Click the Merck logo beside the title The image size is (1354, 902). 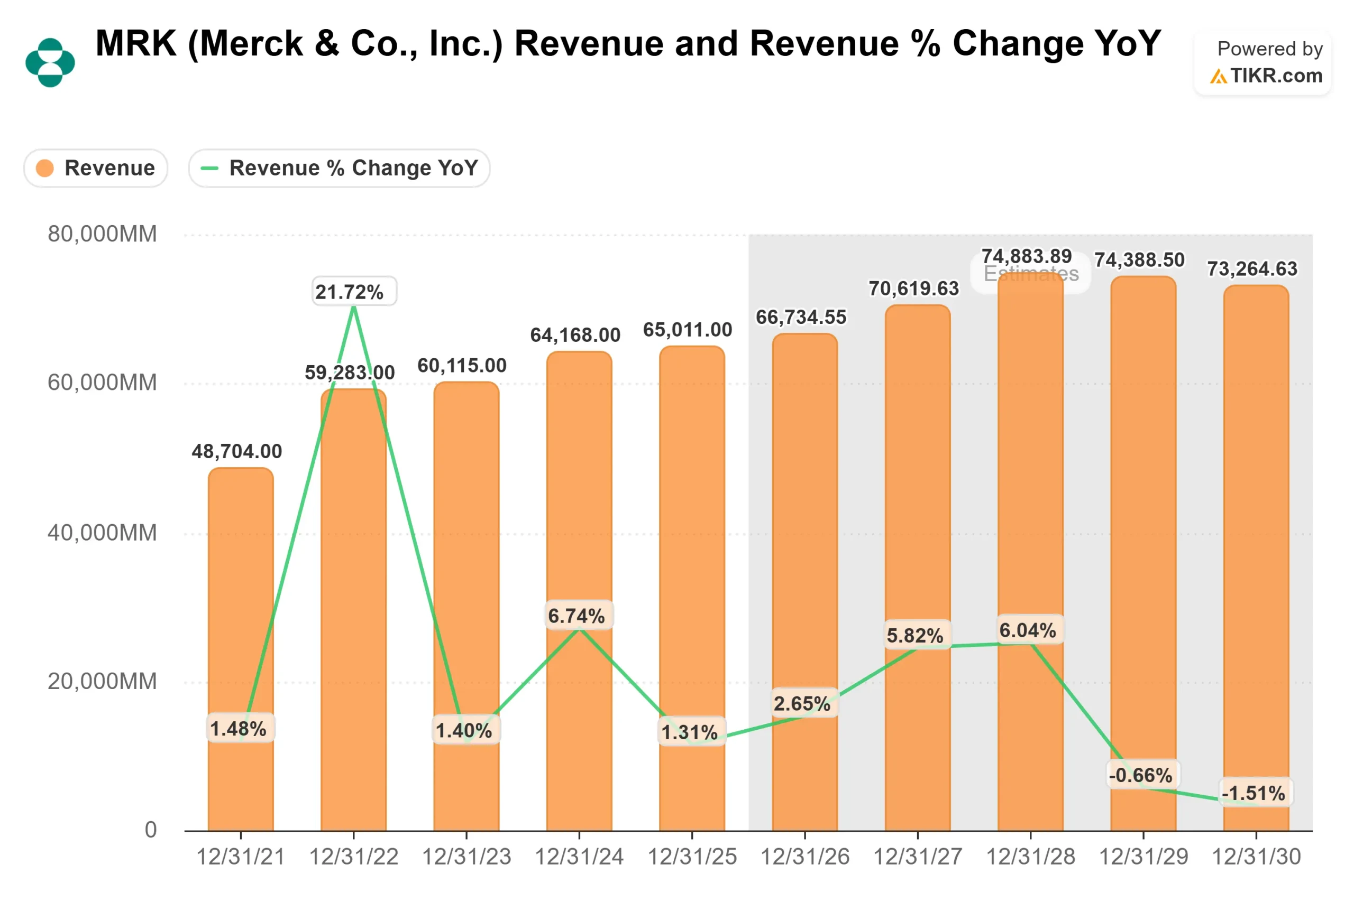(50, 62)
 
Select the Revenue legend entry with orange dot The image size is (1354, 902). (96, 168)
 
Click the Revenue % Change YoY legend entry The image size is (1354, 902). (339, 168)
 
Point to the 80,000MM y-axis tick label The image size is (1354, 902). (102, 234)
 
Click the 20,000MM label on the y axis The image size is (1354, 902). (102, 681)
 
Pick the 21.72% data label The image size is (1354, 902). (350, 292)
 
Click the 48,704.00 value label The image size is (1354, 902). (236, 452)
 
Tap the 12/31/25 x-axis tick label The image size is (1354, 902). (692, 857)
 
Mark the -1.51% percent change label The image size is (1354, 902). (1254, 793)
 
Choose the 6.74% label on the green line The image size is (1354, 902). (577, 616)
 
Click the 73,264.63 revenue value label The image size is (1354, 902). (1252, 268)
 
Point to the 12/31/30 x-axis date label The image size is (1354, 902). (1256, 857)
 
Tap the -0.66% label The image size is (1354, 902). (1140, 775)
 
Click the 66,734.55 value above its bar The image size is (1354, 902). (801, 317)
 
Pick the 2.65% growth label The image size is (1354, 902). (802, 703)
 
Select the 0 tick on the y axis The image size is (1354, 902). (150, 830)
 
